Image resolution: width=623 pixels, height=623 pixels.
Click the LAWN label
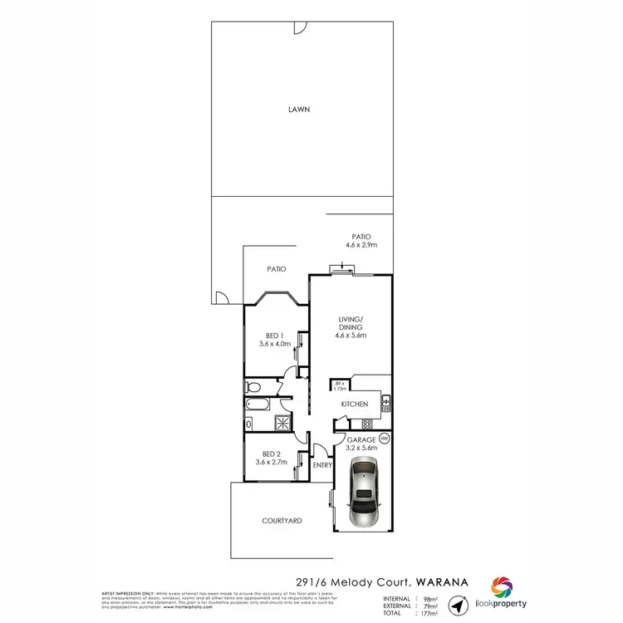[299, 109]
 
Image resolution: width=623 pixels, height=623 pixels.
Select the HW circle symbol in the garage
[385, 439]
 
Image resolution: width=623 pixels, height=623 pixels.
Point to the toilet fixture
[253, 387]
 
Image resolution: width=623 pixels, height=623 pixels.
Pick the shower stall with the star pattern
[282, 422]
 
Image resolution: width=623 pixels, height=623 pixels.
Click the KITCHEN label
[354, 405]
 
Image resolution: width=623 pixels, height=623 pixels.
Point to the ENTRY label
[322, 465]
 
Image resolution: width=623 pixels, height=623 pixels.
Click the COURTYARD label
[282, 521]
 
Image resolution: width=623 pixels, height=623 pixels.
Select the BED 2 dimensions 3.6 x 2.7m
[272, 462]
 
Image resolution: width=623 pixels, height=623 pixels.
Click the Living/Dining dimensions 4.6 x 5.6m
[352, 335]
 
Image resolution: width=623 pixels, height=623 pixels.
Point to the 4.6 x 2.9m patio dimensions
[361, 245]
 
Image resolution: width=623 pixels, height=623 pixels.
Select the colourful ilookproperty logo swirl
[501, 586]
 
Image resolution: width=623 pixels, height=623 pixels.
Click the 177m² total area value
[429, 613]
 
